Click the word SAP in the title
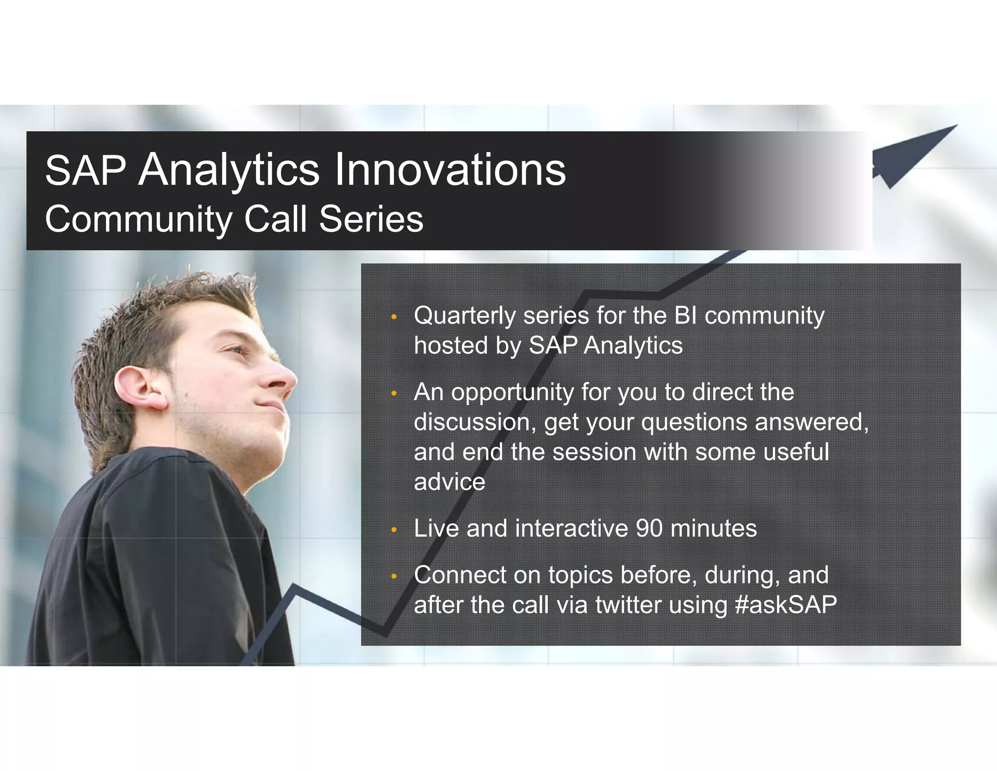coord(85,171)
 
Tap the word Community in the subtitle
coord(138,219)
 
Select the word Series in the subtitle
coord(371,219)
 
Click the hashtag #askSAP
coord(786,605)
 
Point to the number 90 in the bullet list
coord(648,528)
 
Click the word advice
coord(449,482)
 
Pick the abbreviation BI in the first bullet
coord(685,315)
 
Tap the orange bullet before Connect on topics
coord(394,577)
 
